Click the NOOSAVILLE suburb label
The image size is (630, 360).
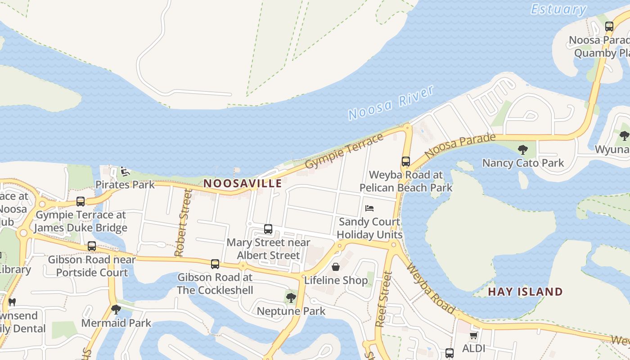tap(243, 183)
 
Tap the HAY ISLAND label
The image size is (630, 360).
tap(525, 292)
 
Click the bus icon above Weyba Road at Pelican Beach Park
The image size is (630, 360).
tap(406, 162)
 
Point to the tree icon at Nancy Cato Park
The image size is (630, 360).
tap(522, 150)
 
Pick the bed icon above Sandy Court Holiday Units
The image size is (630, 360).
tap(369, 208)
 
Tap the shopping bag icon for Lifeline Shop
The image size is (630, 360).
tap(336, 267)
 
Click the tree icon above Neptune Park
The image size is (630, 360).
tap(291, 297)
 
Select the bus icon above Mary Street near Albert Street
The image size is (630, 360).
tap(268, 229)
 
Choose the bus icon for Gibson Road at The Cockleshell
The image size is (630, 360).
tap(215, 264)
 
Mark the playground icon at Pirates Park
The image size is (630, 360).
tap(125, 171)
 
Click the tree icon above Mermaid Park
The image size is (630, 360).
tap(116, 310)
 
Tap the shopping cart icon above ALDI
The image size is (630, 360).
tap(473, 335)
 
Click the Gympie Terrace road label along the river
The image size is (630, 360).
tap(345, 151)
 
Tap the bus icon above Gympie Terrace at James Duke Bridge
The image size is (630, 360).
tap(81, 202)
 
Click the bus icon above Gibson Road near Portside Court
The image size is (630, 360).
tap(92, 246)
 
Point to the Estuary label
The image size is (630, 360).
tap(558, 9)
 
